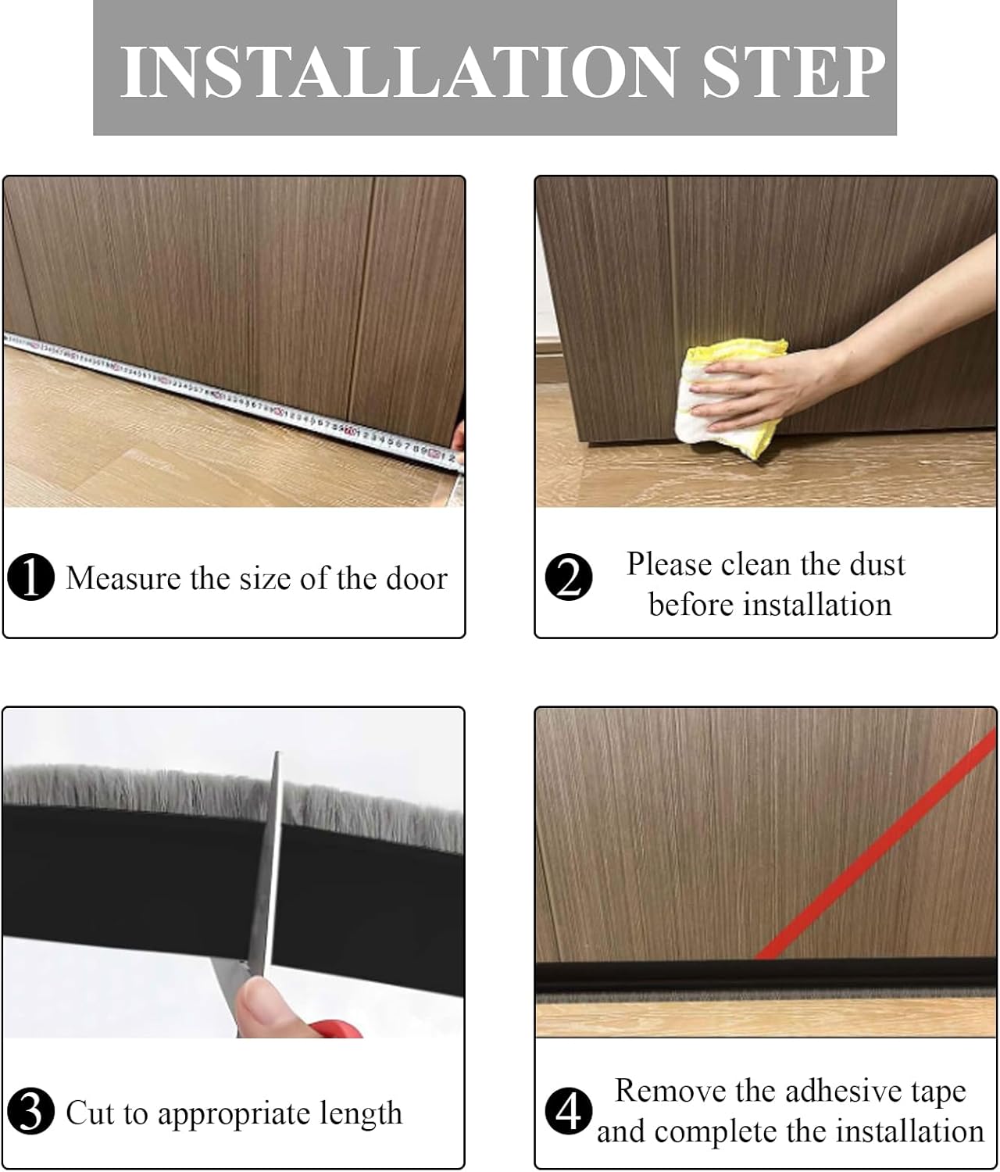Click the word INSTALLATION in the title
pos(397,72)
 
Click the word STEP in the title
pos(793,72)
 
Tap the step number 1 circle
pos(30,578)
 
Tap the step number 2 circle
pos(569,577)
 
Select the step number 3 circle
pos(30,1112)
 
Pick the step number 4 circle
pos(569,1111)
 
